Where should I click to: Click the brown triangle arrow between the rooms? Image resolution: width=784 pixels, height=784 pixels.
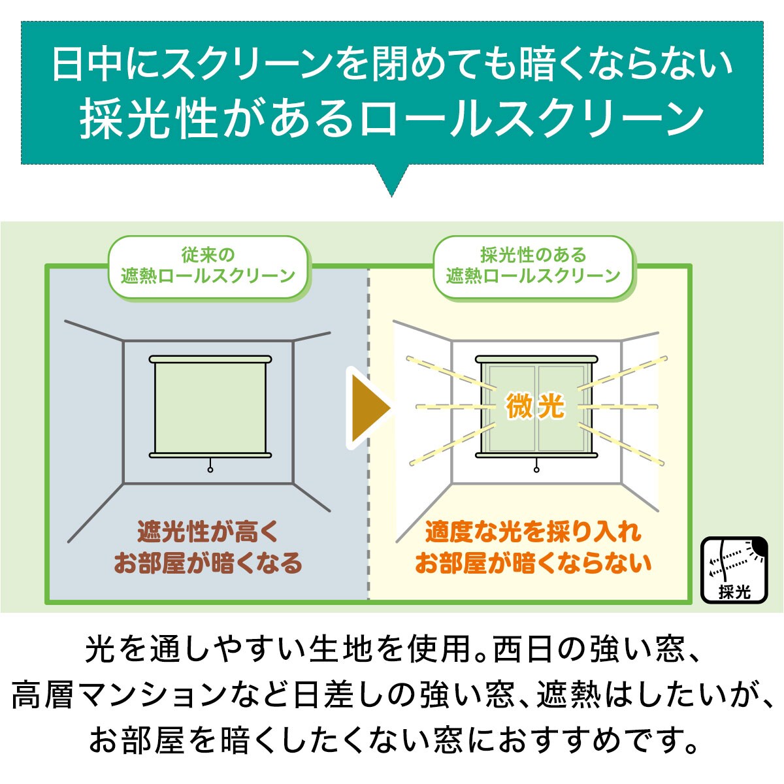368,408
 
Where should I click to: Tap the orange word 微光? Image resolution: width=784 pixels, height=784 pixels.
536,406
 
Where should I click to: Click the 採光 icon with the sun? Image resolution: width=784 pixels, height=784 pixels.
734,570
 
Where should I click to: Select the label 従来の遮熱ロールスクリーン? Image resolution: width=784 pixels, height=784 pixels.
208,266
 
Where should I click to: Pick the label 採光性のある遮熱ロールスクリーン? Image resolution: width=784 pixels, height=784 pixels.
533,266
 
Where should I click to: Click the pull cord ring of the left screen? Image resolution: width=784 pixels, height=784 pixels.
210,470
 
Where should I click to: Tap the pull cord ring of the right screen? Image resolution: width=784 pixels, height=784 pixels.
536,470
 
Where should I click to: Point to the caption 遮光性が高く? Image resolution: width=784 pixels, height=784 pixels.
208,531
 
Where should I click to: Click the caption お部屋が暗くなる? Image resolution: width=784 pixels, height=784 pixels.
208,563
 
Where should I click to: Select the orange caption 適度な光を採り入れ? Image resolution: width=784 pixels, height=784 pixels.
533,531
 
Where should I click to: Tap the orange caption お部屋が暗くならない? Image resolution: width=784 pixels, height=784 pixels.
533,563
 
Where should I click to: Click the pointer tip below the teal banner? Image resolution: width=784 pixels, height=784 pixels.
391,197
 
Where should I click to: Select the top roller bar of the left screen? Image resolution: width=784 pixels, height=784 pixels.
210,359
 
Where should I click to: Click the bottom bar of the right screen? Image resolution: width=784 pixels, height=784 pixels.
536,455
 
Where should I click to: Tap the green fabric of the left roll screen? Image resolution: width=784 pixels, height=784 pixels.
210,408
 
